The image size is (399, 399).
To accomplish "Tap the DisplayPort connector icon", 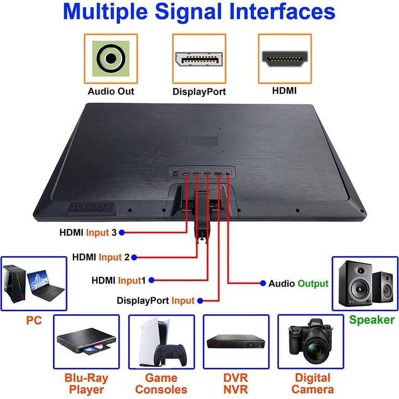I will pyautogui.click(x=199, y=59).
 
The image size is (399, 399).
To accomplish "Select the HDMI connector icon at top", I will pyautogui.click(x=284, y=59).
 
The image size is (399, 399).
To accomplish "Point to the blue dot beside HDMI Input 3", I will pyautogui.click(x=122, y=233).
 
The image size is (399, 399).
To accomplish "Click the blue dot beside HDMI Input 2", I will pyautogui.click(x=134, y=257).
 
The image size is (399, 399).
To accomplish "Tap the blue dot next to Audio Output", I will pyautogui.click(x=263, y=284).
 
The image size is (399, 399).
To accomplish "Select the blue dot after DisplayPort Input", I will pyautogui.click(x=201, y=300).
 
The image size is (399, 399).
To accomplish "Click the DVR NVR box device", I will pyautogui.click(x=235, y=342).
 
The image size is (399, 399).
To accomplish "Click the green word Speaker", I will pyautogui.click(x=371, y=320).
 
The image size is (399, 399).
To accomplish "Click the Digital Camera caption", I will pyautogui.click(x=312, y=383).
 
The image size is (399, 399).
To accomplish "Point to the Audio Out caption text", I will pyautogui.click(x=111, y=91).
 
